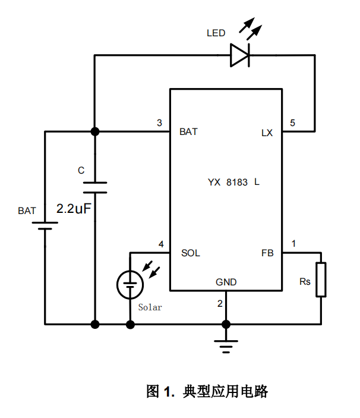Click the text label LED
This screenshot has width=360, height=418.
(x=216, y=33)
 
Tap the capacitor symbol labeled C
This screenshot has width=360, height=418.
(x=94, y=187)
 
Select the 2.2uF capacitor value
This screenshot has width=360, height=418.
(x=73, y=209)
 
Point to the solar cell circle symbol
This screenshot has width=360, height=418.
(x=130, y=284)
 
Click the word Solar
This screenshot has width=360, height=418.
(x=150, y=307)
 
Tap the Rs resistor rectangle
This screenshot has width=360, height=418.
(x=321, y=279)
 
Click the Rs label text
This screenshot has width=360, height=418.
(x=305, y=281)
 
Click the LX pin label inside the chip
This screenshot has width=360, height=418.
(x=267, y=133)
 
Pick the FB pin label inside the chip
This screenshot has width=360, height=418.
(x=267, y=253)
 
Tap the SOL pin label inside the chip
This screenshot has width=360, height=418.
(x=190, y=253)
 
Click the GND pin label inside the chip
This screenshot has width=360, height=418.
(x=226, y=282)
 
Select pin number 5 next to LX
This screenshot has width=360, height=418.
(x=292, y=123)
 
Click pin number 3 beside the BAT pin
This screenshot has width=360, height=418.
(x=159, y=123)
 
